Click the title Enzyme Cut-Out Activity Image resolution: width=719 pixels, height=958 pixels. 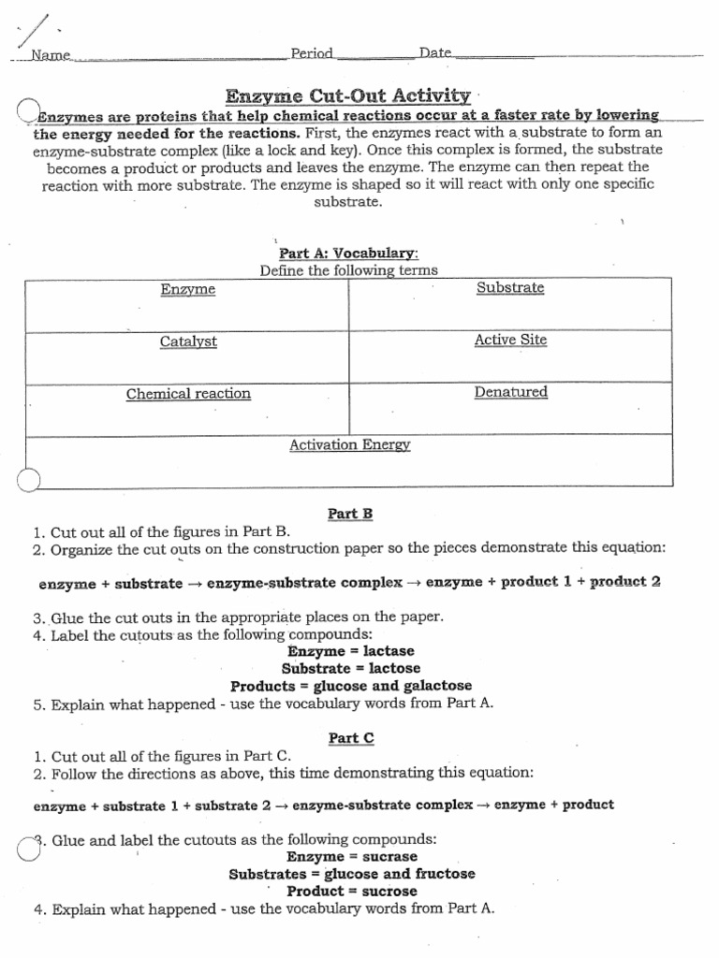347,95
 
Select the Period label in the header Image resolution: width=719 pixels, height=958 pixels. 312,53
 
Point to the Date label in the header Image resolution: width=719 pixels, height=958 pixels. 435,53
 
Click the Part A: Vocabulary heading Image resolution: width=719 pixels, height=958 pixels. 348,254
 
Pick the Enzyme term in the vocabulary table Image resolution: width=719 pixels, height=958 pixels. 187,290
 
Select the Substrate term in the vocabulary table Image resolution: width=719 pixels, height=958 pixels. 510,288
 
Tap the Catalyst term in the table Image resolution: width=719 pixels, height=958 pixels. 188,341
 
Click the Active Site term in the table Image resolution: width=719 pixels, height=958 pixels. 510,340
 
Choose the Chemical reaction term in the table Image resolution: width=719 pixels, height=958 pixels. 188,394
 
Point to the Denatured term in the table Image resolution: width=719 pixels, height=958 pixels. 510,392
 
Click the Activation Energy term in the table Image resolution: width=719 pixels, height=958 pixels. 350,445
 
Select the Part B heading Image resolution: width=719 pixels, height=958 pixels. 350,513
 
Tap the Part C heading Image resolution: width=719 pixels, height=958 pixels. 351,738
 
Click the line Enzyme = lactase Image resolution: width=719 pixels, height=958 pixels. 351,651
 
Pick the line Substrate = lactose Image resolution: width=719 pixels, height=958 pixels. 351,668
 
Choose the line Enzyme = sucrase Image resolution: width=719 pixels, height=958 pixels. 352,857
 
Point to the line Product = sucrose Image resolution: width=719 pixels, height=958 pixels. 352,891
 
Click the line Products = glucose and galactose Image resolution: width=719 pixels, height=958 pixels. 351,686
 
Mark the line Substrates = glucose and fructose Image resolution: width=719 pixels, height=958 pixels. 352,874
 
